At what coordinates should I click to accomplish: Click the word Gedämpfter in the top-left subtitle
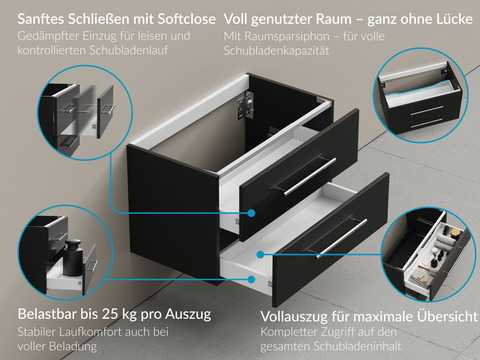click(x=47, y=36)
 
